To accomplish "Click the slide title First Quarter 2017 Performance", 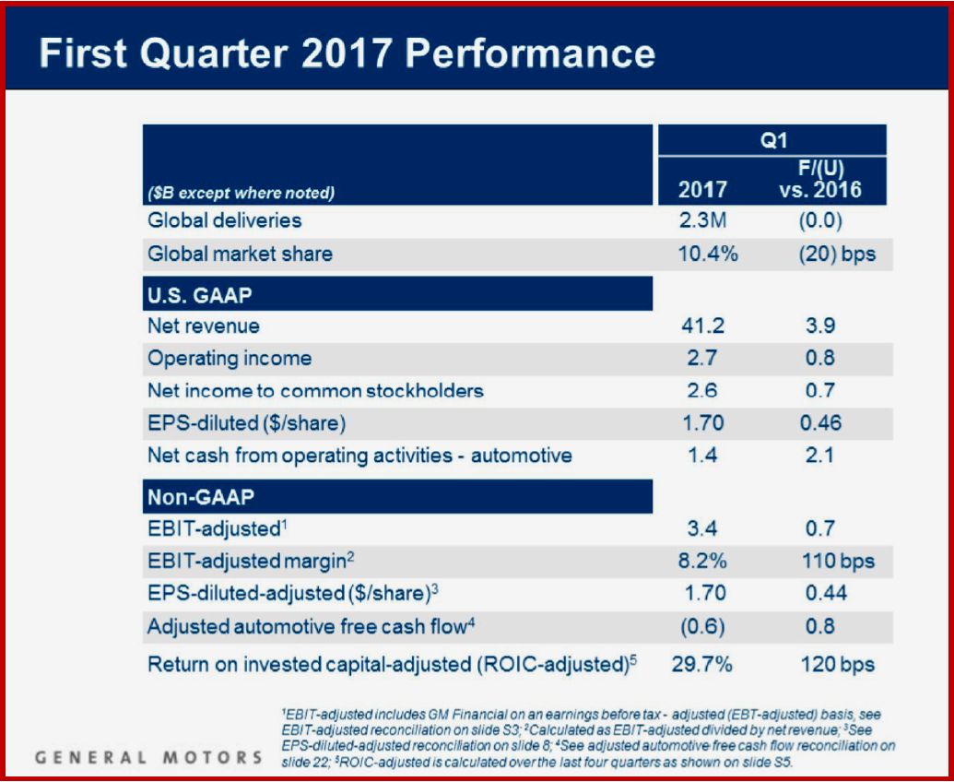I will [347, 53].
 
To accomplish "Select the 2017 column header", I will [702, 190].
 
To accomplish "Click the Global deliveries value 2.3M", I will [702, 221].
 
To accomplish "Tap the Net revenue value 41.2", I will [702, 326].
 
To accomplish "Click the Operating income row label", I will [230, 358].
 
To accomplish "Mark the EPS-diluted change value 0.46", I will [819, 424].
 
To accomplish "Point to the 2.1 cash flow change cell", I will [819, 456].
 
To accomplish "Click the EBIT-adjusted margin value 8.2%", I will [702, 561].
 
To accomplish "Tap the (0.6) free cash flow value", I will [702, 626].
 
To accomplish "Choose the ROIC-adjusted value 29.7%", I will [702, 664].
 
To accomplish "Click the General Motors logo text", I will [148, 758].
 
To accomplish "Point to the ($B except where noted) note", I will [241, 193].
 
